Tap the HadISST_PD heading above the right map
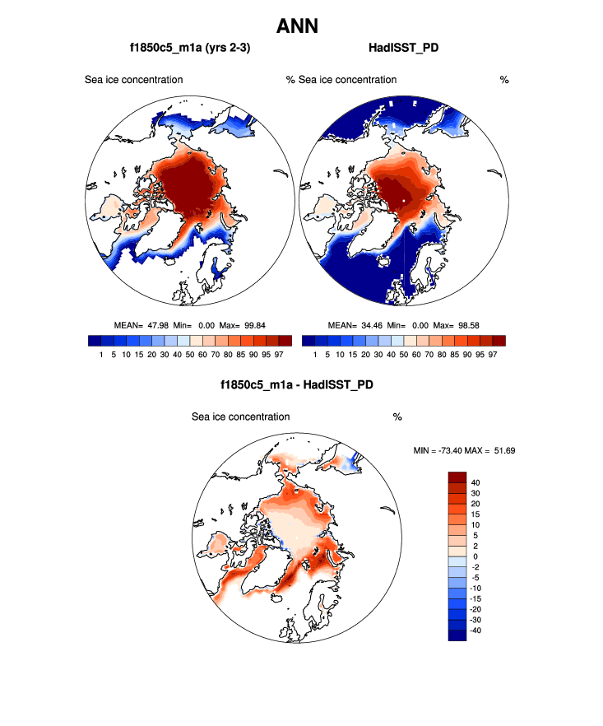[403, 49]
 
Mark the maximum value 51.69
[503, 451]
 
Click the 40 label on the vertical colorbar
[475, 482]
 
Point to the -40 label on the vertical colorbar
[477, 630]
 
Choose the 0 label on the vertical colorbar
[474, 556]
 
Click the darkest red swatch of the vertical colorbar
[457, 477]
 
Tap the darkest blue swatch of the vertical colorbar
[457, 635]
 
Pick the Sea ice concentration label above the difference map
[240, 417]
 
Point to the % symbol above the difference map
[397, 417]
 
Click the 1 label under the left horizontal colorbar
[100, 354]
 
